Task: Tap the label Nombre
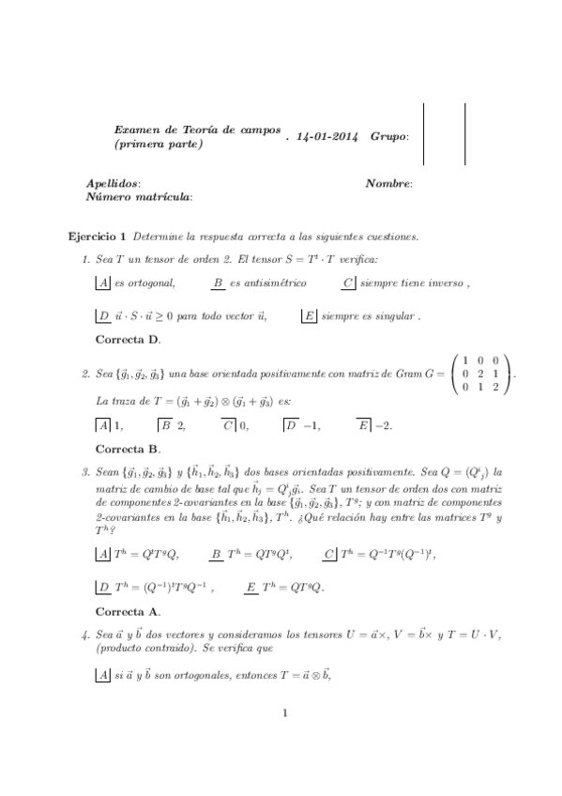[x=388, y=184]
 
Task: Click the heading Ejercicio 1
[x=98, y=235]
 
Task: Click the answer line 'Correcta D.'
[x=129, y=339]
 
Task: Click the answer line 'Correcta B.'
[x=129, y=449]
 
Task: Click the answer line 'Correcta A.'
[x=129, y=611]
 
